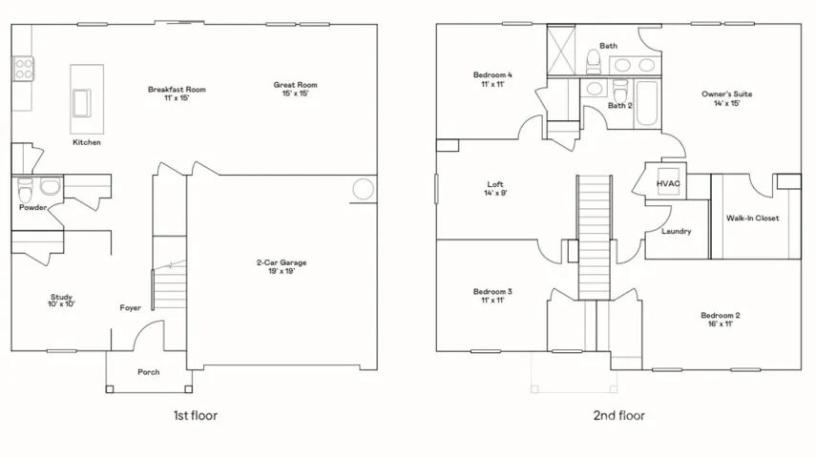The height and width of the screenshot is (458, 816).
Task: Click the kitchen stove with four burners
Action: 23,69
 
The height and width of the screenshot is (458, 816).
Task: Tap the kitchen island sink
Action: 82,103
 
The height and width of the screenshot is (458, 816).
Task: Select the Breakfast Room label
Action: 177,90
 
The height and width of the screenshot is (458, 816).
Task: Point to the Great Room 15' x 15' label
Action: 296,89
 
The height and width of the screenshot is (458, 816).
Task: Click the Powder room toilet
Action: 25,190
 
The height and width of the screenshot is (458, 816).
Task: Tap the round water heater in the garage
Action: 363,189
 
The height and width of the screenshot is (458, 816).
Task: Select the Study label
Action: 61,297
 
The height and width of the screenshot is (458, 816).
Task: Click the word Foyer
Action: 131,307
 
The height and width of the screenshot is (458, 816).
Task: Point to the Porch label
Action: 149,372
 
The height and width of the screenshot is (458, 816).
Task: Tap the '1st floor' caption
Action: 195,415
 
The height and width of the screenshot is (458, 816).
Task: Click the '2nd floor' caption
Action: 619,415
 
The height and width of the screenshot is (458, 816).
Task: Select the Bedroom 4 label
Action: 492,75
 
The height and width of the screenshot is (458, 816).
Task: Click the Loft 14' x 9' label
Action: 495,188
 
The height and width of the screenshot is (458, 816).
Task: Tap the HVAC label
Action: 668,184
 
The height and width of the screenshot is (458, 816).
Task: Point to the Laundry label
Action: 677,231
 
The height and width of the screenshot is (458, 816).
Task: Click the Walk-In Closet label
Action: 753,219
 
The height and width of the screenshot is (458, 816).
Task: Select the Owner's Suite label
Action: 727,94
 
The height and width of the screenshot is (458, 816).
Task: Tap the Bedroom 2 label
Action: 721,315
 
